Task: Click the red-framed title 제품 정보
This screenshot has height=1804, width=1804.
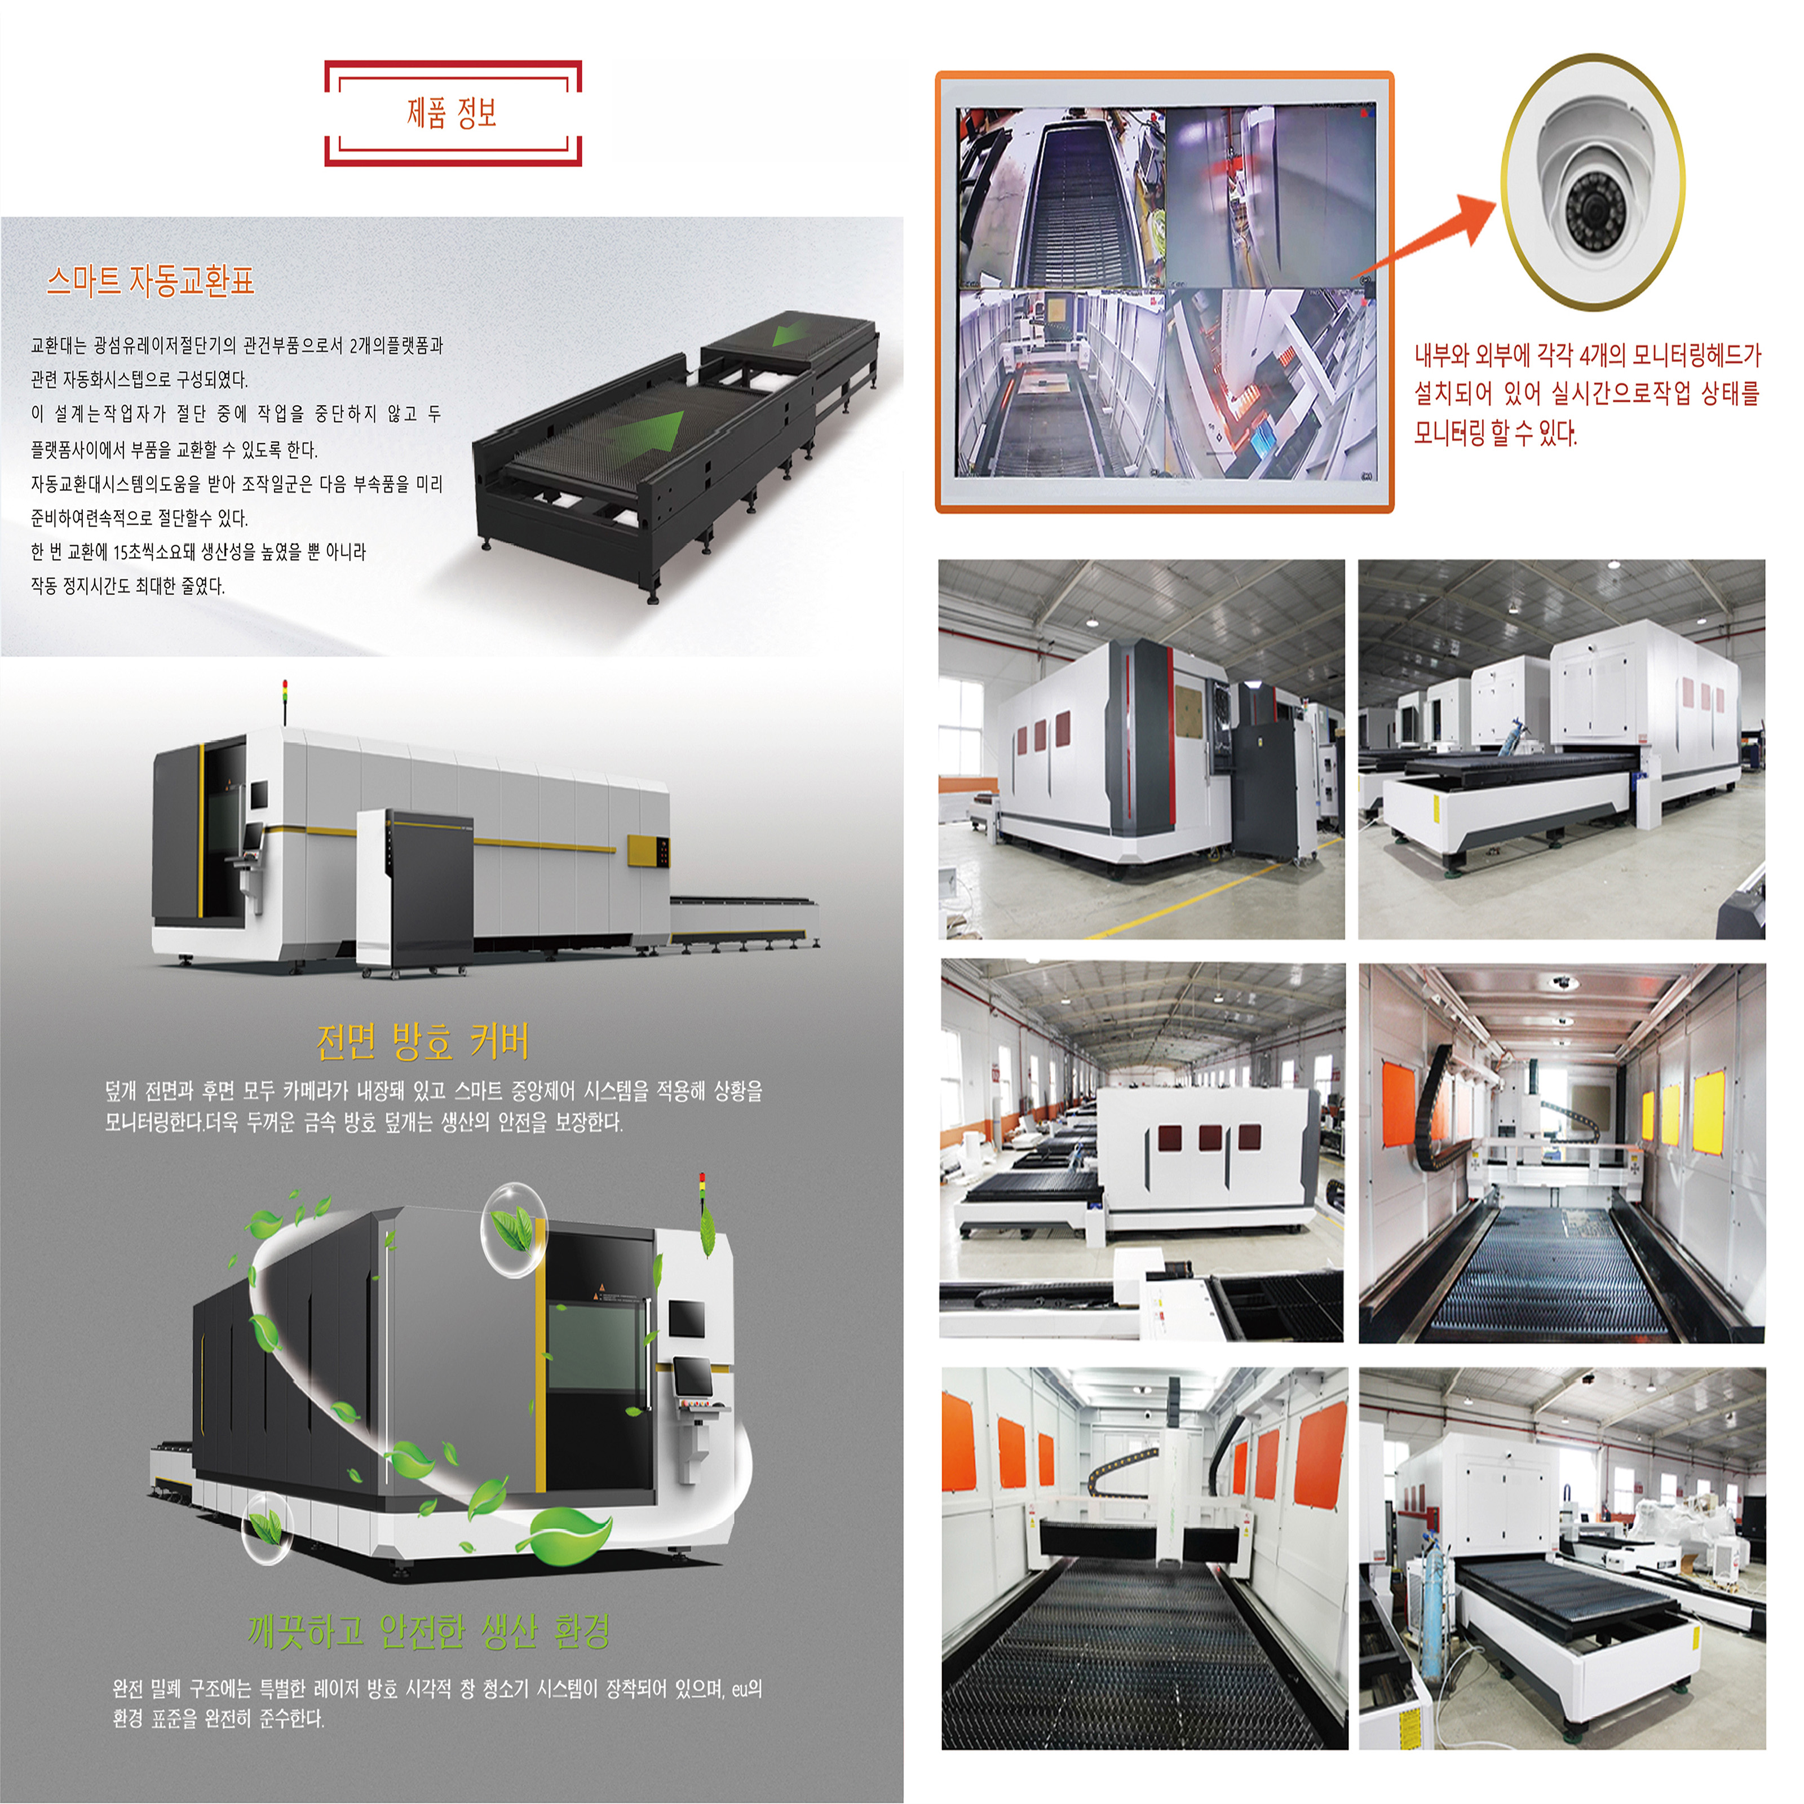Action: pyautogui.click(x=452, y=113)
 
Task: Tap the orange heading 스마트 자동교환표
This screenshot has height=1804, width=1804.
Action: pyautogui.click(x=151, y=280)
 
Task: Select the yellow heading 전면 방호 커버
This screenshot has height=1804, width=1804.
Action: pyautogui.click(x=422, y=1041)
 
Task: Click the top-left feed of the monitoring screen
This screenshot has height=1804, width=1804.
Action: pyautogui.click(x=1062, y=196)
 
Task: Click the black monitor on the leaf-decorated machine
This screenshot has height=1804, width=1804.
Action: pyautogui.click(x=687, y=1319)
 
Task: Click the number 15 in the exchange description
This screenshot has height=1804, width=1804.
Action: pyautogui.click(x=121, y=552)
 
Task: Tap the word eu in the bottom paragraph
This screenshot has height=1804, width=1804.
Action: pyautogui.click(x=740, y=1688)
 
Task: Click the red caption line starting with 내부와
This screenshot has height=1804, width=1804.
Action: pyautogui.click(x=1588, y=356)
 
